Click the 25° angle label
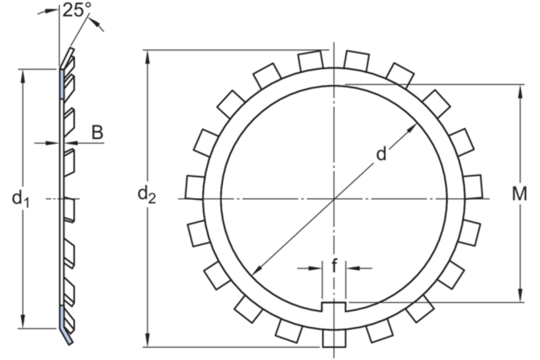76,10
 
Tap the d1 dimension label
21,199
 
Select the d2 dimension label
146,194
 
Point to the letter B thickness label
97,132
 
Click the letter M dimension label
519,194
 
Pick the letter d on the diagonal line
381,154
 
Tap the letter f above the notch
334,266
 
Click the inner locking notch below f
334,306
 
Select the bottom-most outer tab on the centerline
334,339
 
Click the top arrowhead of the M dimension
521,91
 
